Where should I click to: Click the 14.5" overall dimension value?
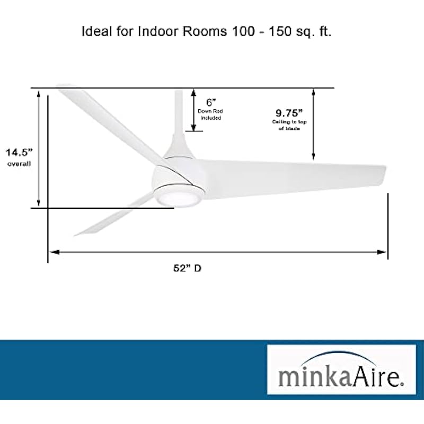tap(19, 152)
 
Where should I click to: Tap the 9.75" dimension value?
tap(289, 113)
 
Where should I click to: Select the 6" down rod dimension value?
tap(211, 102)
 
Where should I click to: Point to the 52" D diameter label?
tap(188, 268)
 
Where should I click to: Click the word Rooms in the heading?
tap(205, 31)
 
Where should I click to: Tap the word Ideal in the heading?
tap(96, 31)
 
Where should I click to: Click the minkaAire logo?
tap(341, 369)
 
